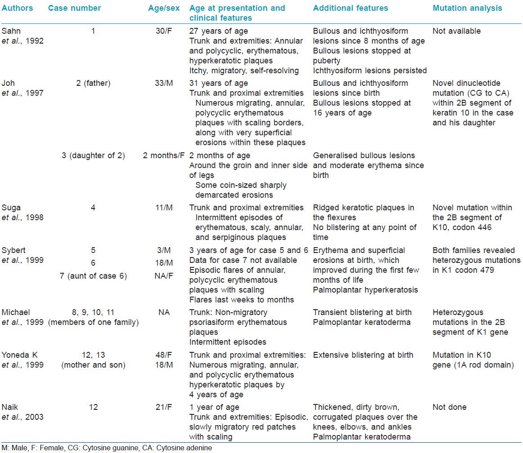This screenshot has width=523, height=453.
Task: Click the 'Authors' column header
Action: click(x=18, y=8)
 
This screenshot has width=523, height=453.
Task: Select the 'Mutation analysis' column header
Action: click(x=467, y=8)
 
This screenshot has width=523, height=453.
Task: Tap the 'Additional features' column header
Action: click(x=351, y=8)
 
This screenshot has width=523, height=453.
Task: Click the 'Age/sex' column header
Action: click(x=164, y=8)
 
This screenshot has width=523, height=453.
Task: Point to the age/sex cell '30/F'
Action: click(x=164, y=31)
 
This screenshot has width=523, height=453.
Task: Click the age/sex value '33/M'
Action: click(x=164, y=83)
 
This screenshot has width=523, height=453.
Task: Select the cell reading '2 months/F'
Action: click(x=163, y=155)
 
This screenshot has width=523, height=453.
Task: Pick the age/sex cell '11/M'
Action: click(x=164, y=208)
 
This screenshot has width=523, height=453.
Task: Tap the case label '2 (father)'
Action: click(x=93, y=83)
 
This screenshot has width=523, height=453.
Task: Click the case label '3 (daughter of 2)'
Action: click(x=93, y=155)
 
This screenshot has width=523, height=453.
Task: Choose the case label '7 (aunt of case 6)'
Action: click(x=93, y=276)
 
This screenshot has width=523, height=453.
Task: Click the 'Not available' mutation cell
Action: click(x=456, y=31)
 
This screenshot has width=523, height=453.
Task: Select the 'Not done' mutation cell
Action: click(x=449, y=407)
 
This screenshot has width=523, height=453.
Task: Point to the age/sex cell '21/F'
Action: click(x=164, y=407)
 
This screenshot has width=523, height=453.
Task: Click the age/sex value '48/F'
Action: click(x=164, y=355)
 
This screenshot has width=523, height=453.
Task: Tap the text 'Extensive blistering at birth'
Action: click(x=363, y=355)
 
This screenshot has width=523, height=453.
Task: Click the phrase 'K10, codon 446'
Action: click(x=462, y=227)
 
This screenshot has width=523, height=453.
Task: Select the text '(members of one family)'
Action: click(x=94, y=322)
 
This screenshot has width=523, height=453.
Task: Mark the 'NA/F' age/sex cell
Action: click(x=164, y=276)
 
